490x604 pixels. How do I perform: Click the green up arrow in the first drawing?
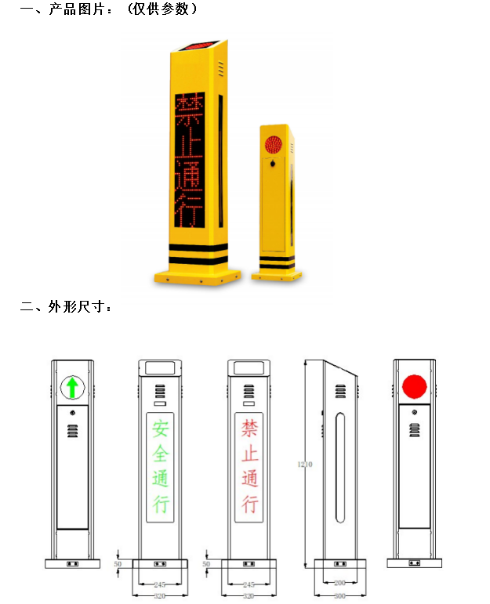(72, 388)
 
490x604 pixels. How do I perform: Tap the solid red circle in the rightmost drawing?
(415, 386)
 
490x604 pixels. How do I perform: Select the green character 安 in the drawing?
(161, 429)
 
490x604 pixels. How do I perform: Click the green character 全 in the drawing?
(161, 454)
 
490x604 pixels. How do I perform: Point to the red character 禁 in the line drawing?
(249, 429)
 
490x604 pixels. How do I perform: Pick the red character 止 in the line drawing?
(249, 454)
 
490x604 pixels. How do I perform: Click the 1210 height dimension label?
(304, 465)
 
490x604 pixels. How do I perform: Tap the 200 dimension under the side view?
(339, 583)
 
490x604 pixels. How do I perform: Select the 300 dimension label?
(339, 596)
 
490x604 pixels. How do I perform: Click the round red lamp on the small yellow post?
(274, 144)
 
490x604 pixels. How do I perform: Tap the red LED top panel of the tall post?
(200, 45)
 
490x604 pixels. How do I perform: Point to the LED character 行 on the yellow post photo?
(189, 211)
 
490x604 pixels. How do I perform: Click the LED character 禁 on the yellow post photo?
(190, 109)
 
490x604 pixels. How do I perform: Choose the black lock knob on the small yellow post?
(273, 164)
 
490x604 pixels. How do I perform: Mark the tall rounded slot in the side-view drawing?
(340, 468)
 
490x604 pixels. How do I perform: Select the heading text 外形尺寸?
(76, 306)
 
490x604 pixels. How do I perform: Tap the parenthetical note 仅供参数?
(162, 9)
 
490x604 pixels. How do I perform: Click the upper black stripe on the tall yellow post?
(198, 248)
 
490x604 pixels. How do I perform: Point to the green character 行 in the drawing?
(161, 504)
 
